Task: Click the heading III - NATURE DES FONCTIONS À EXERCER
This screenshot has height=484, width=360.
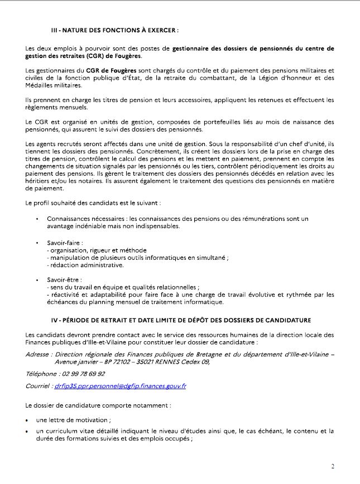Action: coord(114,30)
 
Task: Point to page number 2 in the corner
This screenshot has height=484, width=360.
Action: coord(333,467)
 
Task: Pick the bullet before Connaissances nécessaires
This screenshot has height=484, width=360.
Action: coord(37,219)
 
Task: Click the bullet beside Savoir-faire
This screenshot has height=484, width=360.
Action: coord(37,244)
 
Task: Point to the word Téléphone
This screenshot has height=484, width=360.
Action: coord(41,374)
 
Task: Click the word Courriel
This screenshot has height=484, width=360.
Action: coord(37,386)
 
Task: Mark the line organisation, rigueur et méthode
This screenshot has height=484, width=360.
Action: coord(92,251)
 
